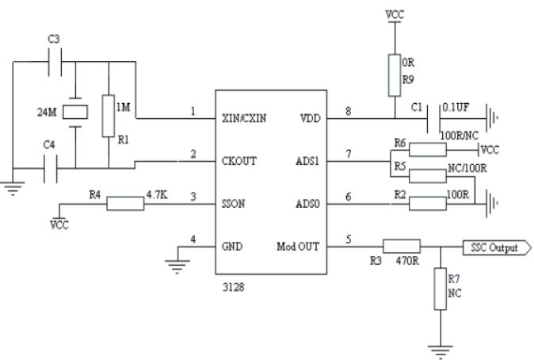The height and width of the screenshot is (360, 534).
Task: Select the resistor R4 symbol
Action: pyautogui.click(x=124, y=204)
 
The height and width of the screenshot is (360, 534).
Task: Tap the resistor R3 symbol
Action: pyautogui.click(x=400, y=247)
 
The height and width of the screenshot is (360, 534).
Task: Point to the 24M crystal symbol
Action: pyautogui.click(x=74, y=113)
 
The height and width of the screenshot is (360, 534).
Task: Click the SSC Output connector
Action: pyautogui.click(x=495, y=248)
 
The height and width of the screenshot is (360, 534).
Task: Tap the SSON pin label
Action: pyautogui.click(x=239, y=204)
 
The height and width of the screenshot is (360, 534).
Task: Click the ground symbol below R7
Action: pyautogui.click(x=438, y=346)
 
